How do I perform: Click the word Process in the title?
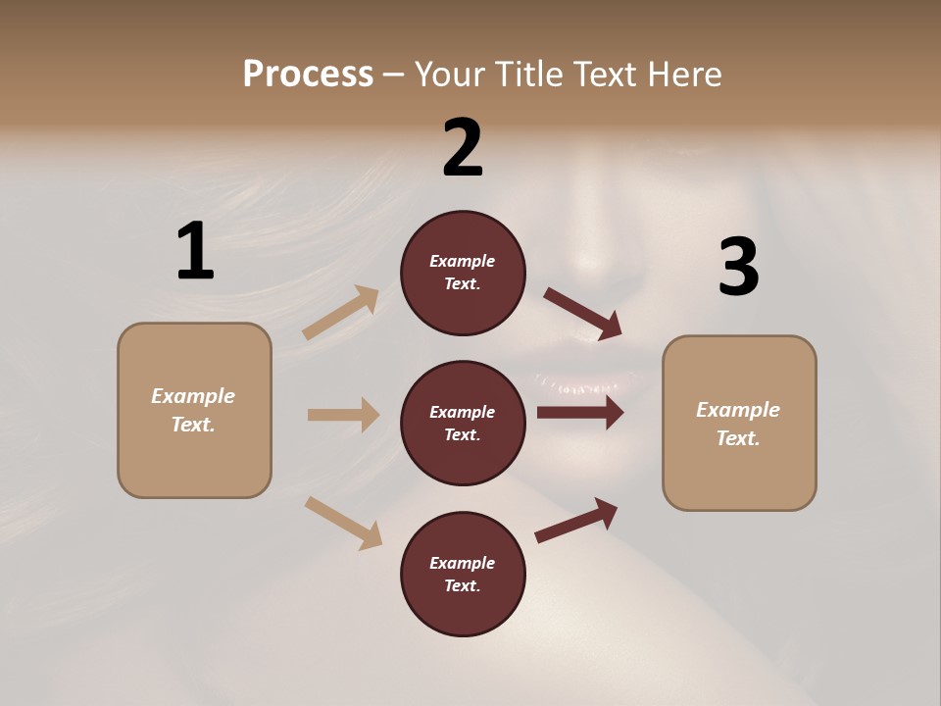(308, 74)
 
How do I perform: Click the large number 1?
(195, 252)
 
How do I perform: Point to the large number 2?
(463, 148)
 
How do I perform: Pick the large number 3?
(738, 268)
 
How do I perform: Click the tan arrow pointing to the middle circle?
(343, 415)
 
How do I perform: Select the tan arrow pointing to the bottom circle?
(344, 522)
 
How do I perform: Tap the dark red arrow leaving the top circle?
(583, 314)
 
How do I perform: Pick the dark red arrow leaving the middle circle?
(580, 413)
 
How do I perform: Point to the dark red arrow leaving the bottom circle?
(576, 521)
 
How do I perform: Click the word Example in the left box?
(193, 396)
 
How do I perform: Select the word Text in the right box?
(737, 438)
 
